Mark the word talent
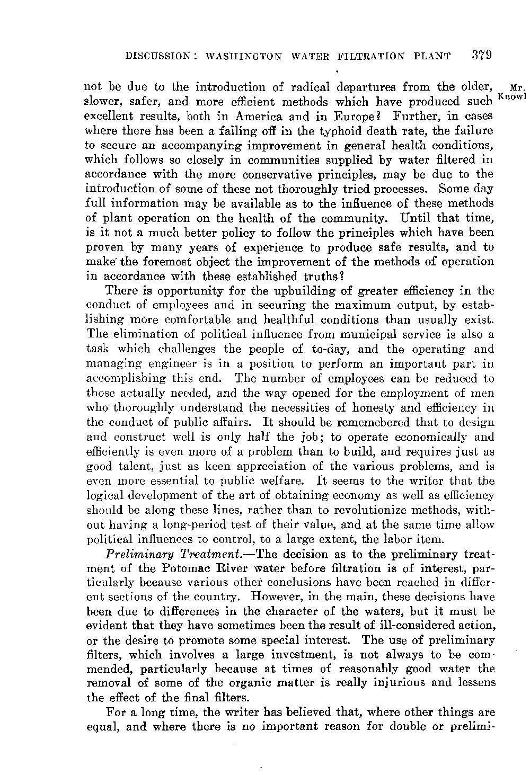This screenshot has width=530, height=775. (x=128, y=467)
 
